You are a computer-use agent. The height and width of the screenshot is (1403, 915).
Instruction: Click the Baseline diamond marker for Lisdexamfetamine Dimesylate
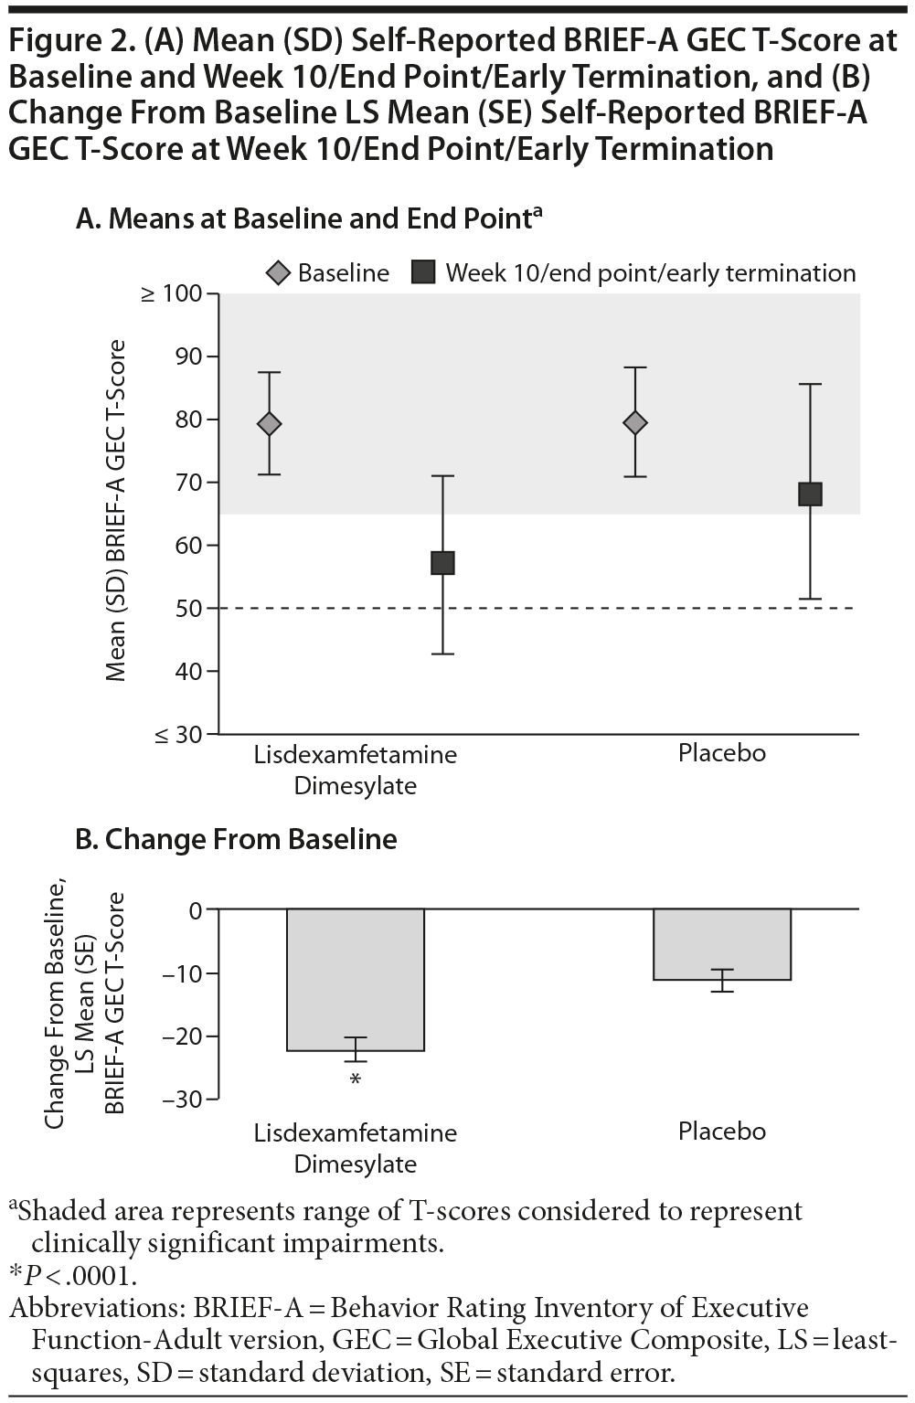pyautogui.click(x=270, y=423)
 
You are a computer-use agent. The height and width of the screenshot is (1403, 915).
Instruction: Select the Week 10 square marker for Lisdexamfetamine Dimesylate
pyautogui.click(x=442, y=562)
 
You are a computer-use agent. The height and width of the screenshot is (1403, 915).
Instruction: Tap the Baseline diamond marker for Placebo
pyautogui.click(x=635, y=422)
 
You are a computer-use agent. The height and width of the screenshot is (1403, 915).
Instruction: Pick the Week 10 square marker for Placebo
pyautogui.click(x=810, y=494)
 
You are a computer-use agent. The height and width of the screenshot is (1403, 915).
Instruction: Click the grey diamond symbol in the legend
pyautogui.click(x=280, y=272)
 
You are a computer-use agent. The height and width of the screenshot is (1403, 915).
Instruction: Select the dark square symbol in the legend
pyautogui.click(x=423, y=272)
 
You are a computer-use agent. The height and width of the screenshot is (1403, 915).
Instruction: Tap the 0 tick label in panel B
pyautogui.click(x=195, y=910)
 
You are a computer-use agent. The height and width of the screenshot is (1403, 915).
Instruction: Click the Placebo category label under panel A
pyautogui.click(x=722, y=753)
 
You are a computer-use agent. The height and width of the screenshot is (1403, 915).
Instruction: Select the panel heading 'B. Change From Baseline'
pyautogui.click(x=237, y=839)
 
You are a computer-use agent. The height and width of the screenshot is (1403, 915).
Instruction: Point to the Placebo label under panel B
pyautogui.click(x=722, y=1132)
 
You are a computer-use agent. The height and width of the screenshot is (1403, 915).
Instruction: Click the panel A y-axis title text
pyautogui.click(x=115, y=512)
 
